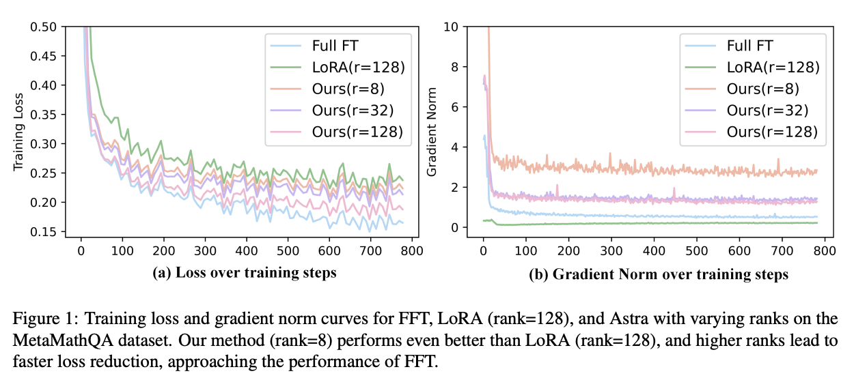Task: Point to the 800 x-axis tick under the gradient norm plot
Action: click(x=825, y=250)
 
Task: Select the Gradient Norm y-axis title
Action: click(x=432, y=130)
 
